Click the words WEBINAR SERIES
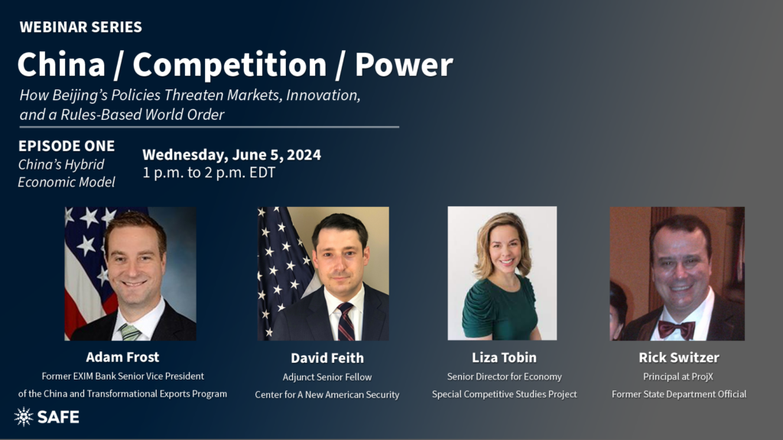point(81,27)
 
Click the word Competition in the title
point(229,66)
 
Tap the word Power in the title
point(404,65)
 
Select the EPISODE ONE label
point(67,146)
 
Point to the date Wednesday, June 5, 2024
point(232,154)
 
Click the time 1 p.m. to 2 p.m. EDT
point(209,173)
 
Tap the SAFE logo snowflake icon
point(24,416)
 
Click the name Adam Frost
point(122,357)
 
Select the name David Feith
point(327,358)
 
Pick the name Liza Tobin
point(505,357)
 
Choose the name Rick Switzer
point(679,357)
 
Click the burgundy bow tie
point(676,328)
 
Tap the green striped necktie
point(129,332)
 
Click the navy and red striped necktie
point(345,322)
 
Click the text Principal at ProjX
point(678,377)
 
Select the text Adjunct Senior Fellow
point(327,377)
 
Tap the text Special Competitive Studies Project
point(505,394)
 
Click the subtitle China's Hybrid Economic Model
point(67,173)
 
